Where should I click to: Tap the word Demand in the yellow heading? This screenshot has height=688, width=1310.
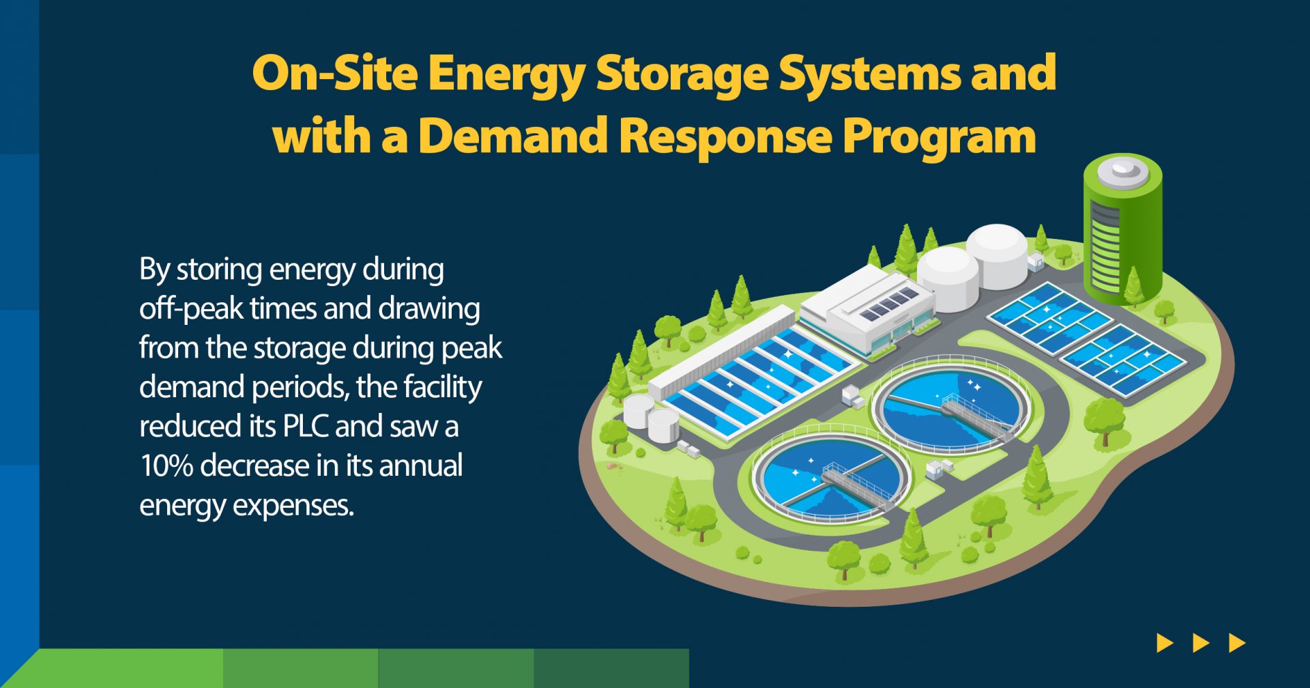513,135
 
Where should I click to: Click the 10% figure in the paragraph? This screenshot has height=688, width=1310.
166,465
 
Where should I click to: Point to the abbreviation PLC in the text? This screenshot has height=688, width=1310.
305,426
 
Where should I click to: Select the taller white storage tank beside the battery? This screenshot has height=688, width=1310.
997,256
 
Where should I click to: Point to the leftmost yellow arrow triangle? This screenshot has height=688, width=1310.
1165,643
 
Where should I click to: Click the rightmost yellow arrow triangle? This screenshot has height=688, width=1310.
1237,643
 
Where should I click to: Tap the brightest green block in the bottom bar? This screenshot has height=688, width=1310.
126,668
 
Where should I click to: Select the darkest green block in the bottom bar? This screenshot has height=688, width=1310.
611,668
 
